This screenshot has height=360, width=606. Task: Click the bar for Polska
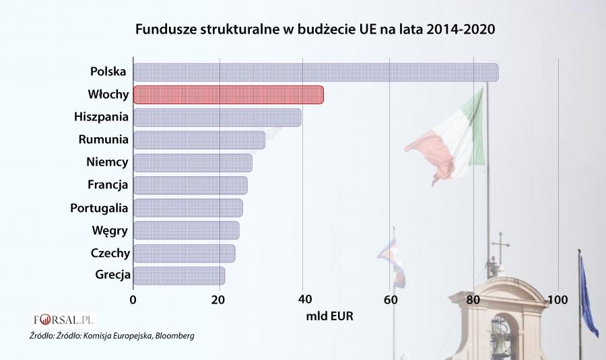(315, 72)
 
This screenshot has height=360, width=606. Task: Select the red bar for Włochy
(228, 95)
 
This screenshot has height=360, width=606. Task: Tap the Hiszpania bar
(217, 117)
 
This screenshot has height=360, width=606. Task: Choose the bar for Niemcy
(193, 163)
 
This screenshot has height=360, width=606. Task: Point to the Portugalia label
(99, 208)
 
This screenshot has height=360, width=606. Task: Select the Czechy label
(110, 253)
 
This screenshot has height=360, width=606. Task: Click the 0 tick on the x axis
(133, 299)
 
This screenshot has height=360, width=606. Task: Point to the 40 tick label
(303, 299)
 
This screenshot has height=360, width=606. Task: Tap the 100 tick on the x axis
(558, 299)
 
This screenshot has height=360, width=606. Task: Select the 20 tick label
(218, 299)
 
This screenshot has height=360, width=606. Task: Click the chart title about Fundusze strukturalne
(310, 30)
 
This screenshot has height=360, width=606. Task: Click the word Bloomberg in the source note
(176, 335)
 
